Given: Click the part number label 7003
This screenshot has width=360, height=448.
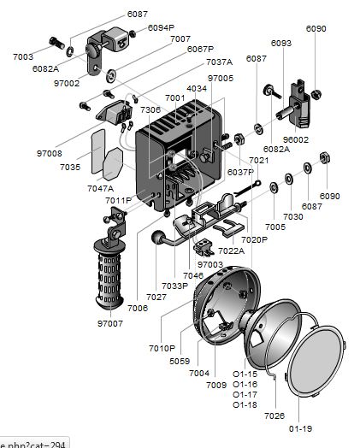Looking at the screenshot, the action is click(x=23, y=57).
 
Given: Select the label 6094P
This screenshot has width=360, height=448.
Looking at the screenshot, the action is click(x=161, y=27).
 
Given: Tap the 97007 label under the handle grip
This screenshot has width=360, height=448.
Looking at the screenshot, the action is click(x=110, y=323).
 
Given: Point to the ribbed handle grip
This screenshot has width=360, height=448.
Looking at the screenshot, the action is click(x=110, y=274).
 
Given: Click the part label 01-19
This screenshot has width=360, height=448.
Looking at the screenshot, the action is click(x=301, y=428).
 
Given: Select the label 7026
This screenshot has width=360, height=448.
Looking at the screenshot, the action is click(x=274, y=416).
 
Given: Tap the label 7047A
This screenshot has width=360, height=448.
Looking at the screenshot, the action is click(x=101, y=189).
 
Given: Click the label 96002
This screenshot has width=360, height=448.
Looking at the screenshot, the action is click(x=296, y=139).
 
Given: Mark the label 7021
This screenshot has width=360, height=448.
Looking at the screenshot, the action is click(x=259, y=160).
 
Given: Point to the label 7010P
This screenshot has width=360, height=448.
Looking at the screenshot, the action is click(x=162, y=348).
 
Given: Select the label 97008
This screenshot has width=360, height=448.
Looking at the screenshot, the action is click(x=50, y=153).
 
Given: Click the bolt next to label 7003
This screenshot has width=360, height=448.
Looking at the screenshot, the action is click(x=57, y=43).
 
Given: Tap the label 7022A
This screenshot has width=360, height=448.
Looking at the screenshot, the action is click(x=232, y=251).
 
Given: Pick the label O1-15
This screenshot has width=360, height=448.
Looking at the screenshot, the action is click(x=245, y=374).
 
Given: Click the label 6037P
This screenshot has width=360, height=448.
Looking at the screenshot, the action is click(x=240, y=173).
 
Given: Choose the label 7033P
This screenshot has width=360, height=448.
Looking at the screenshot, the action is click(x=175, y=286).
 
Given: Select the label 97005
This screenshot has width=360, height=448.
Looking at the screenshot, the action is click(x=221, y=79).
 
